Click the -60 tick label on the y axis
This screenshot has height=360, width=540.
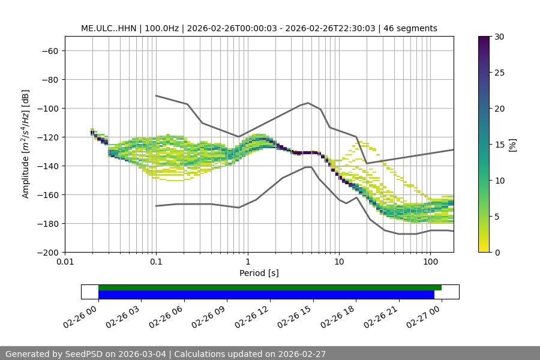(x=49, y=51)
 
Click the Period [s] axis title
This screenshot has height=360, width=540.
(x=259, y=273)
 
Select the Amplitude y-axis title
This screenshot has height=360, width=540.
(x=26, y=144)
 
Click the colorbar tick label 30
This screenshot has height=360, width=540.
(x=499, y=37)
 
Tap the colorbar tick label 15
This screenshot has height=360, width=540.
(x=499, y=145)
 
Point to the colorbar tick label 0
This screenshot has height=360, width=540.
(x=496, y=253)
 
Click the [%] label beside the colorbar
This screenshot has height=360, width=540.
(x=512, y=145)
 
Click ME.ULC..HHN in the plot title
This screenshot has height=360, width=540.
(x=109, y=28)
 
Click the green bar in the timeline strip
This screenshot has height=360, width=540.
(x=269, y=287)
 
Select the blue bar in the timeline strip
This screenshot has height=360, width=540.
(x=266, y=295)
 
